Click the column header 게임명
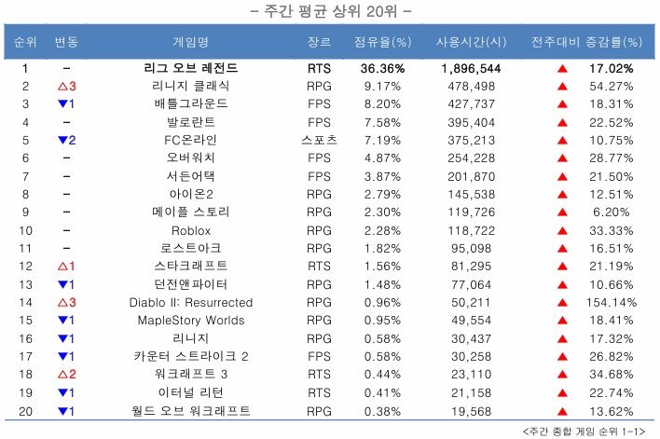191,43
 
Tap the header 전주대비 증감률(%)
586,43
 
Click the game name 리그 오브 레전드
191,69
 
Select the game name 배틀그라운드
191,103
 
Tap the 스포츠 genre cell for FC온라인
318,140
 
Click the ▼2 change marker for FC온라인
67,140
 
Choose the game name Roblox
191,230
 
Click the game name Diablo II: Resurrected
191,303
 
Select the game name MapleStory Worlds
191,321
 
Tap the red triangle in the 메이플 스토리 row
562,212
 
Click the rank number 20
26,411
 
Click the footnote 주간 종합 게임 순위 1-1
584,431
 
